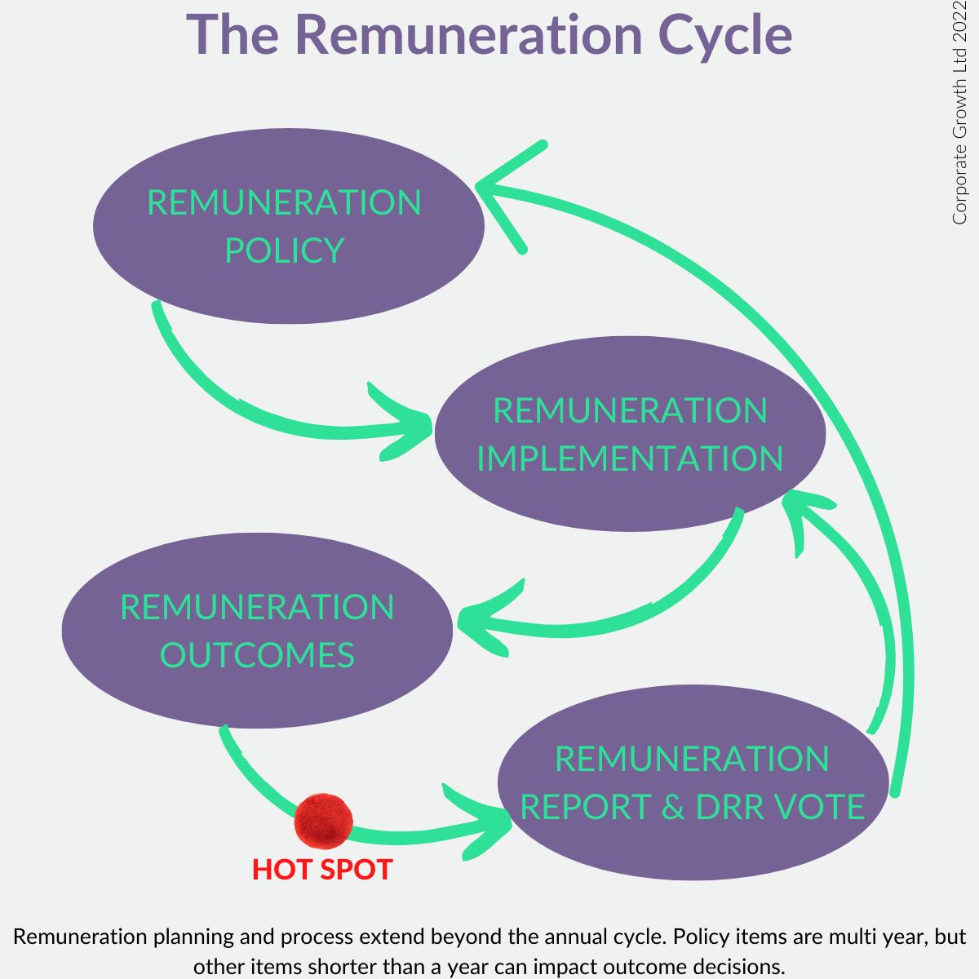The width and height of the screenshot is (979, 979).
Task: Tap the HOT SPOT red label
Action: click(x=322, y=870)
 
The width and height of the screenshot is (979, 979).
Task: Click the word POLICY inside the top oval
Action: click(x=284, y=250)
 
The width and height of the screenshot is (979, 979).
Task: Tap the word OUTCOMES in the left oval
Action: click(x=257, y=655)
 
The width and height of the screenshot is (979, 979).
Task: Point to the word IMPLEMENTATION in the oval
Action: click(x=630, y=458)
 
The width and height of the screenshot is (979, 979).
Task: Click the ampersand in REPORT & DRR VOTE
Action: click(x=672, y=807)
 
